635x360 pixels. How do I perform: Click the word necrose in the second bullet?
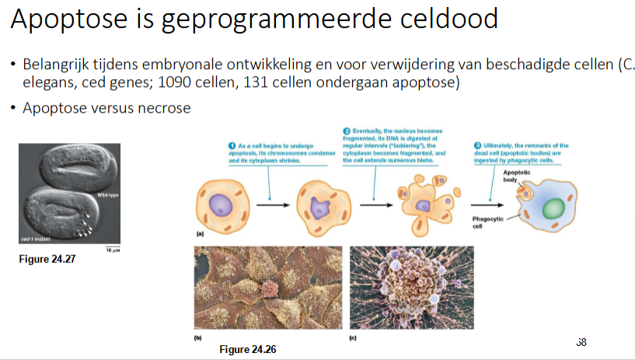tap(162, 108)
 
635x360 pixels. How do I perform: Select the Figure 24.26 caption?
tap(247, 349)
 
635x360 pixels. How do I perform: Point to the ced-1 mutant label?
tap(38, 240)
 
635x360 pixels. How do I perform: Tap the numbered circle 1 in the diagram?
tap(232, 145)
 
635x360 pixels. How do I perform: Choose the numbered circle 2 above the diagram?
tap(347, 129)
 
